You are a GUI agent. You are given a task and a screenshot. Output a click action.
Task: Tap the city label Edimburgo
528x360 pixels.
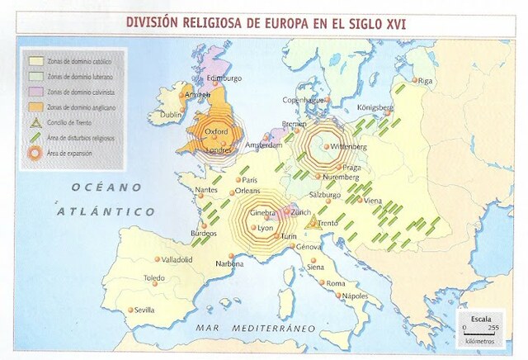(x=225, y=78)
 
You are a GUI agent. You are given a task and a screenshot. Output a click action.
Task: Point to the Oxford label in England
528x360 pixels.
(x=216, y=130)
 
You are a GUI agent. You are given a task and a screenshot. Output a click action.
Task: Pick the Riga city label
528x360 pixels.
(x=426, y=81)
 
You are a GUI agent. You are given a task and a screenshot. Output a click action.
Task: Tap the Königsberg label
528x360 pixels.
(x=379, y=107)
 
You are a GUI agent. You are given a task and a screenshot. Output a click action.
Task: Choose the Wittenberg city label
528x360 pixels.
(x=347, y=146)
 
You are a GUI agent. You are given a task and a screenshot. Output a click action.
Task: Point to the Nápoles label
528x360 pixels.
(x=355, y=295)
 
